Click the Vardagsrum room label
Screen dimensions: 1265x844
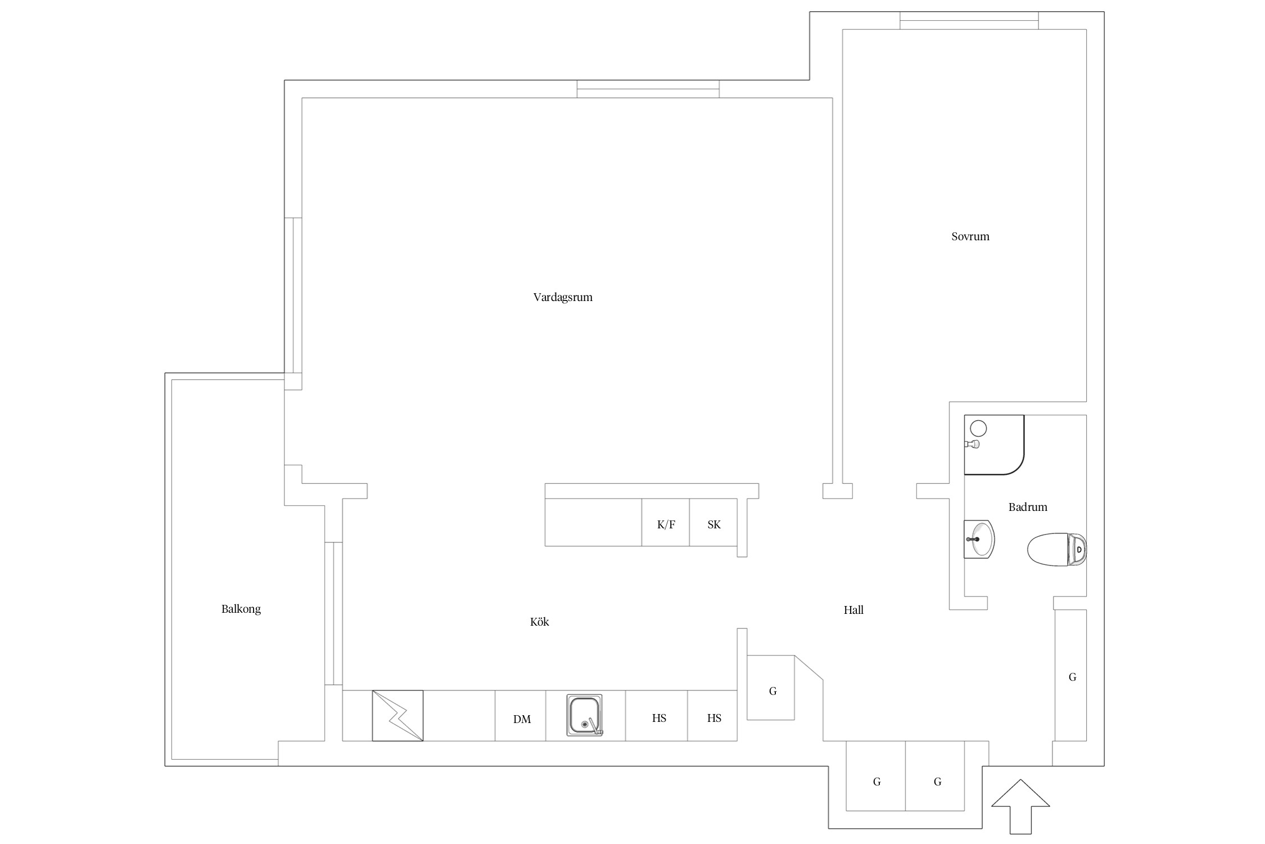point(563,297)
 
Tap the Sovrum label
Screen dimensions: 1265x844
point(970,236)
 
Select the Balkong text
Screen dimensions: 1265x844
point(241,609)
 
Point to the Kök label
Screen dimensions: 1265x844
point(540,622)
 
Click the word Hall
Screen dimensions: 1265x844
point(853,610)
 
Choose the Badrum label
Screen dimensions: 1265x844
point(1028,507)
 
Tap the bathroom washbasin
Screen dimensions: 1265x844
point(979,539)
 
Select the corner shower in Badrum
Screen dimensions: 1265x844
point(994,445)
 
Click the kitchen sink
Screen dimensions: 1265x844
point(584,715)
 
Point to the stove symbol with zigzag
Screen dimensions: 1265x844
point(397,716)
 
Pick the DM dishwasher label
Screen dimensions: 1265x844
point(522,719)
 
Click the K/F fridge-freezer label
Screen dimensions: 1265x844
point(666,524)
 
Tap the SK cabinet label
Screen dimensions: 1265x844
point(714,524)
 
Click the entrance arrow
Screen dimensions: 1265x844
point(1020,806)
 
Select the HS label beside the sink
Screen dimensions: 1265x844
point(659,718)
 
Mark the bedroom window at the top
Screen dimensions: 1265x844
point(969,20)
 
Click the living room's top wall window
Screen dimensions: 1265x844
point(648,89)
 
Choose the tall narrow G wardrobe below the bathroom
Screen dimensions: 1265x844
point(1070,675)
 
